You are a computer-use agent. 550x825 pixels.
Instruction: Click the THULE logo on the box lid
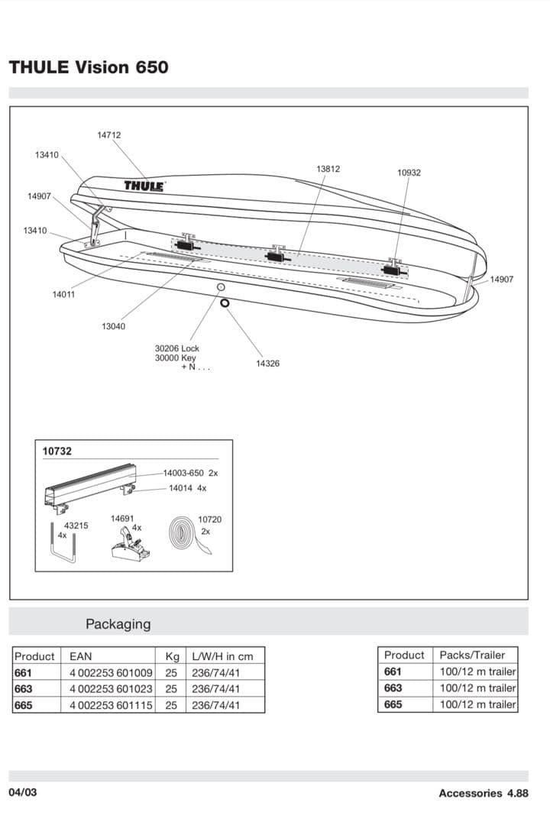pos(145,186)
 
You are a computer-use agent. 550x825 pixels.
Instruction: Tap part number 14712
pos(108,135)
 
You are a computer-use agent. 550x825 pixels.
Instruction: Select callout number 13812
pos(328,169)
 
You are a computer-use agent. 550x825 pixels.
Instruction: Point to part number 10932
pos(409,173)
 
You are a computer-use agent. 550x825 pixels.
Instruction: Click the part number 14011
pos(63,294)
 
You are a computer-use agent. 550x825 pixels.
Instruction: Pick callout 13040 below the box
pos(113,327)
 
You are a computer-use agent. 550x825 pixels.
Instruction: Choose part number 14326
pos(267,364)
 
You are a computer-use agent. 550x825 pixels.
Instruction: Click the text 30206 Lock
pos(176,348)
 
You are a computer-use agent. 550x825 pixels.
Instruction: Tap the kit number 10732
pos(57,451)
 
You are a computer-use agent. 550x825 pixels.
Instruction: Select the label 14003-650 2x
pos(190,474)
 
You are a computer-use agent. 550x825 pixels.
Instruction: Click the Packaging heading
pos(118,624)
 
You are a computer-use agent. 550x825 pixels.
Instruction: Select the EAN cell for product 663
pos(111,688)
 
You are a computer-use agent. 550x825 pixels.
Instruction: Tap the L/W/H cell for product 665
pos(215,705)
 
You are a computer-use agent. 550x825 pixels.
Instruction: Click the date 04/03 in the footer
pos(22,792)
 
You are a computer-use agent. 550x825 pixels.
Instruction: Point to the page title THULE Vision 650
pos(89,67)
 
